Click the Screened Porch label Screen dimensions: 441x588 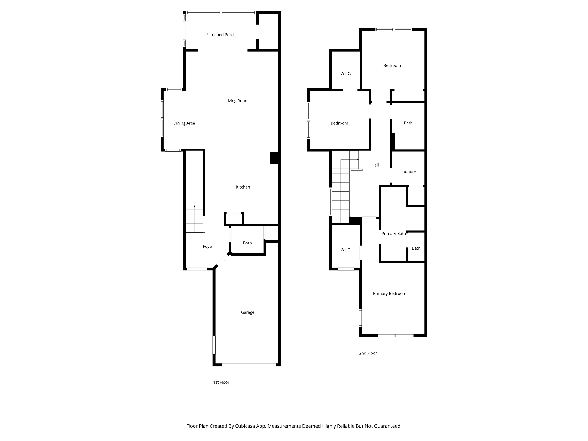(221, 35)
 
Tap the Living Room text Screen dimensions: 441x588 (237, 101)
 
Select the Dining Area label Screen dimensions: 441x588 (184, 123)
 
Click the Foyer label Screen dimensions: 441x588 (208, 246)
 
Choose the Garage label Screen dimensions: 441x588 (247, 312)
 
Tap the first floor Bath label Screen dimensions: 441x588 (247, 243)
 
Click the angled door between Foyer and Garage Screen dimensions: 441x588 (222, 261)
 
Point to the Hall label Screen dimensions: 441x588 (375, 165)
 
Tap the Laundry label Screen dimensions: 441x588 (408, 172)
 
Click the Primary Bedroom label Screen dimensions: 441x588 (390, 293)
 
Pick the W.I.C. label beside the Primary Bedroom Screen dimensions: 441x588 (345, 250)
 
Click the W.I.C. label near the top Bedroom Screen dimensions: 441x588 (345, 74)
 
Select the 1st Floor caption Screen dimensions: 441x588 (221, 382)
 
